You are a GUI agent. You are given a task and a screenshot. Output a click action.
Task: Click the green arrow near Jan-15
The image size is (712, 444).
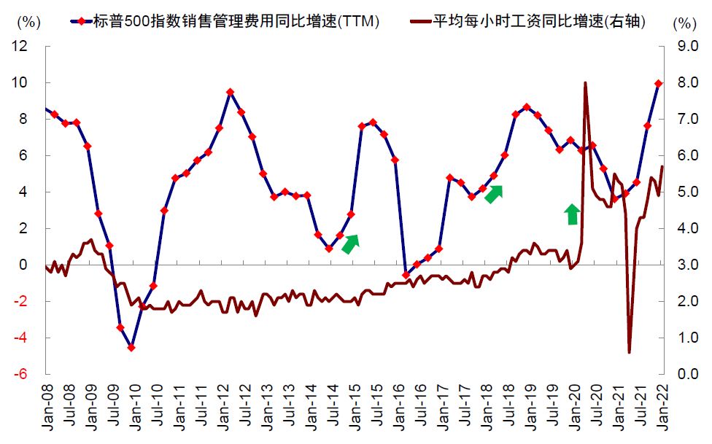[x=351, y=244]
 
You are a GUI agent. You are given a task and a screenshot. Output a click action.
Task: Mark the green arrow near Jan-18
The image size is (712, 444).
[x=494, y=194]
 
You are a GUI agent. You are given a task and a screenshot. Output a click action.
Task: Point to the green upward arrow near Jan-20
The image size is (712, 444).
[x=573, y=214]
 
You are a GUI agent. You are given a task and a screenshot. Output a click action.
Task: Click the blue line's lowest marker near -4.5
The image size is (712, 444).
[x=131, y=348]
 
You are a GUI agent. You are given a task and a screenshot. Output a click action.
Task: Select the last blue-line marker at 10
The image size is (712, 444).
[x=659, y=84]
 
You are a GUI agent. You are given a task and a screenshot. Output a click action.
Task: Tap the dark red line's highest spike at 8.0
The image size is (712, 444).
[x=585, y=83]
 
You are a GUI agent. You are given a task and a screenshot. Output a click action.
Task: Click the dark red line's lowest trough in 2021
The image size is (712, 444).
[x=629, y=352]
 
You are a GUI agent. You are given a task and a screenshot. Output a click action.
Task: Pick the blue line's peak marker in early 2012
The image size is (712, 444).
[x=230, y=92]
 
